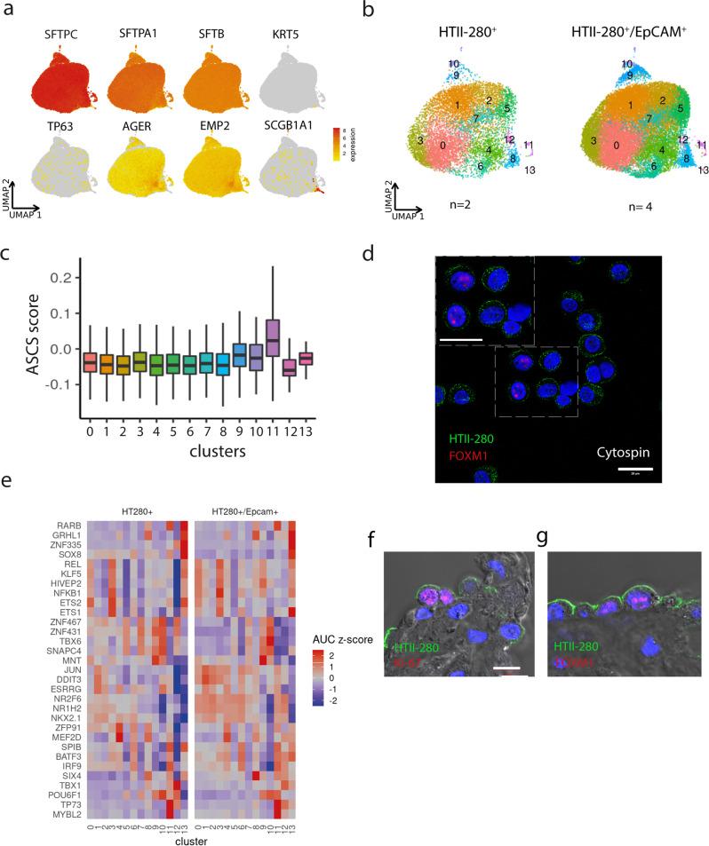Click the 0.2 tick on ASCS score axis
[x=65, y=278]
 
